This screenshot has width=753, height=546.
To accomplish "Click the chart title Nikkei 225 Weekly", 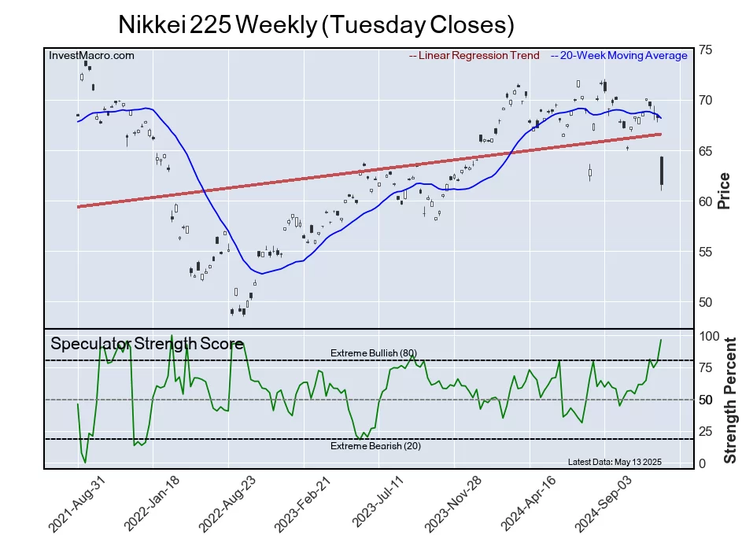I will (x=316, y=24).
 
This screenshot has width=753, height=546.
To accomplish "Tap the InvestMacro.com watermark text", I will (x=91, y=56).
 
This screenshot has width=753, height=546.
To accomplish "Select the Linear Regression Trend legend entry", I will (x=474, y=56).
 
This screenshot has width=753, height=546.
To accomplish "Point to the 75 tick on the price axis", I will (x=706, y=50).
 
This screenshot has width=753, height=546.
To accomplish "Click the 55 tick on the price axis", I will (x=706, y=252).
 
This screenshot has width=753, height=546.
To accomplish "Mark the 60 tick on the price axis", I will (x=706, y=201).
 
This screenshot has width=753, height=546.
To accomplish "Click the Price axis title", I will (x=724, y=190).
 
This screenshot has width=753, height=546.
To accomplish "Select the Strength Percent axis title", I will (x=729, y=400).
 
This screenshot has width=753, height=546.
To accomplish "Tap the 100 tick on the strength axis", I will (x=710, y=336).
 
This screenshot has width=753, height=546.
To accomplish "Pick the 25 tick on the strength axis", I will (x=707, y=431).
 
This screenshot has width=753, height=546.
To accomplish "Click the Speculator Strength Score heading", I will (x=147, y=343).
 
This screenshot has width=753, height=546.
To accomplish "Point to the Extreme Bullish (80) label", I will (x=373, y=352).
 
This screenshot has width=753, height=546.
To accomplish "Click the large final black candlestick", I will (x=662, y=171).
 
